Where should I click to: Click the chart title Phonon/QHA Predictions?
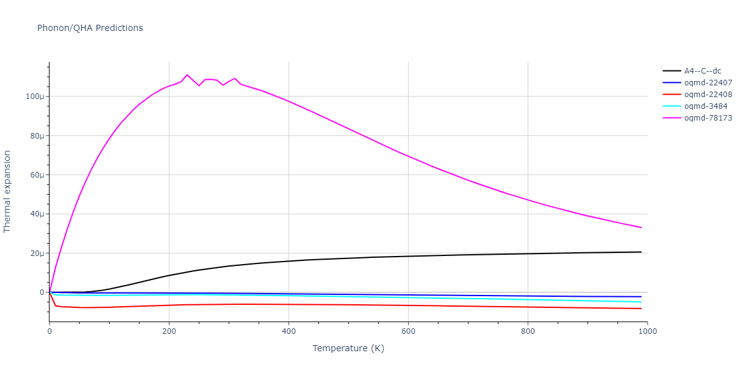coord(90,28)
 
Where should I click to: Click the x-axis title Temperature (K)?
coord(348,349)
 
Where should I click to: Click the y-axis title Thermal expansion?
coord(7,192)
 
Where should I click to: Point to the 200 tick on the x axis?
coord(169,331)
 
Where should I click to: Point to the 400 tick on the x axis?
coord(289,331)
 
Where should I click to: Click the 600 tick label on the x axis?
coord(408,331)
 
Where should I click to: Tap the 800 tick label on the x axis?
coord(528,331)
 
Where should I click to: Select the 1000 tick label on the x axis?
coord(647,331)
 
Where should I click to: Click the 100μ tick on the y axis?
coord(35,96)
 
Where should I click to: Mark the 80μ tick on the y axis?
coord(37,136)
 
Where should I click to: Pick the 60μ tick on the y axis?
coord(37,175)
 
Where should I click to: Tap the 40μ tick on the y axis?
coord(37,214)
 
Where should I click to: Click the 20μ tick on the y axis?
coord(37,254)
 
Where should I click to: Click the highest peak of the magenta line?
coord(187,75)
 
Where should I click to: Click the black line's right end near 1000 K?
coord(641,252)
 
